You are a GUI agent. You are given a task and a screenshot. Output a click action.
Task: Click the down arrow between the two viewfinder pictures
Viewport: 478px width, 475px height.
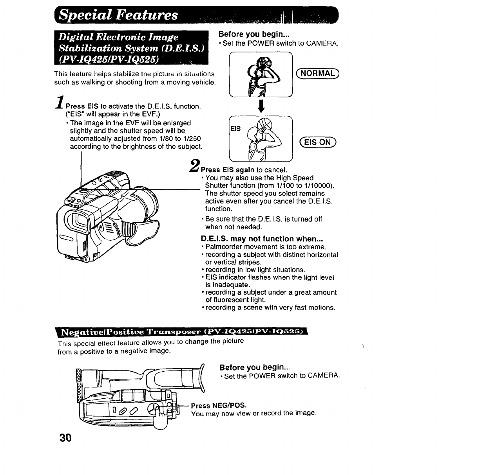(x=260, y=106)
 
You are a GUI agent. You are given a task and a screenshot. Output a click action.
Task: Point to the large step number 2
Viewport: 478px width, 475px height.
(x=195, y=165)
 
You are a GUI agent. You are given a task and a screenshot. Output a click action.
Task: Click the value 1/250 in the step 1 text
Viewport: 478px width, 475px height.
(x=192, y=139)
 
